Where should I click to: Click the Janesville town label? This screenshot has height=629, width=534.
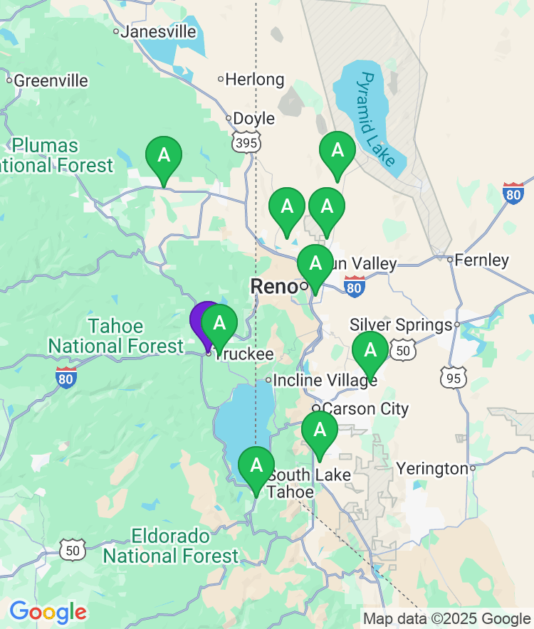click(158, 31)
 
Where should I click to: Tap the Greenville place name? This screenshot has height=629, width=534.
click(51, 80)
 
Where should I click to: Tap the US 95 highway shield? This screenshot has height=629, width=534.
click(454, 377)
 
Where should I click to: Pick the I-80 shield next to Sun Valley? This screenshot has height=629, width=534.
click(354, 286)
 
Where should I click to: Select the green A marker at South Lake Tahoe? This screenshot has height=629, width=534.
click(256, 467)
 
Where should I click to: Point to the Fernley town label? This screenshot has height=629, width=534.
click(482, 260)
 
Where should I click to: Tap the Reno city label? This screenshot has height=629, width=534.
click(273, 286)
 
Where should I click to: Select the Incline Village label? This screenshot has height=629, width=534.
click(325, 381)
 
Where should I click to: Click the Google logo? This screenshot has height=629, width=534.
click(48, 611)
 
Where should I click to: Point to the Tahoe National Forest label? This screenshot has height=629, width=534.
click(116, 337)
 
